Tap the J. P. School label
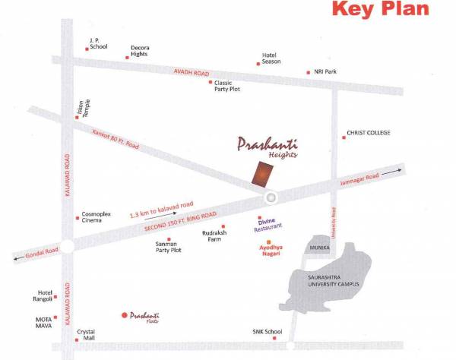(99, 43)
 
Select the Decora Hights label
(140, 50)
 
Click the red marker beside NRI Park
(308, 72)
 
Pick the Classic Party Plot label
(228, 86)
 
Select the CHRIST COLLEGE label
(368, 133)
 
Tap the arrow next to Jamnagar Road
(391, 173)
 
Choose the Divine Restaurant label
(270, 224)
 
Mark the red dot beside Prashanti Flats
(125, 314)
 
